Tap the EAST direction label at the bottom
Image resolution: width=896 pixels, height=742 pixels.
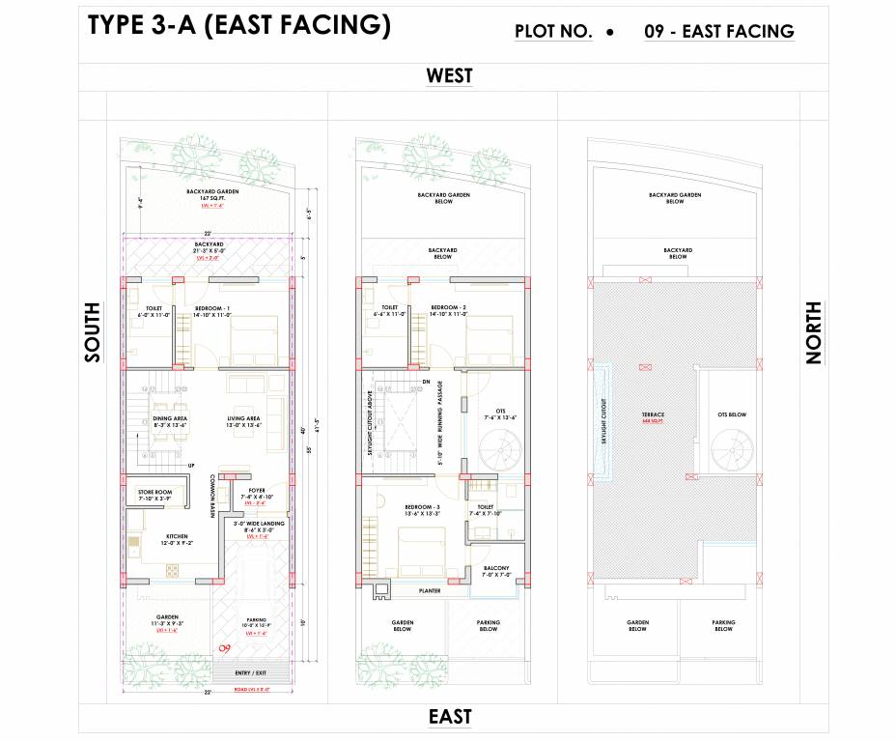[x=450, y=716]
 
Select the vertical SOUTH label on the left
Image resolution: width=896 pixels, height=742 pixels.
[x=93, y=332]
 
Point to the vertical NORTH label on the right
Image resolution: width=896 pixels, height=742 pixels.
[x=813, y=332]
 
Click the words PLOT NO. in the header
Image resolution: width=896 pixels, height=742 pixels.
[x=553, y=32]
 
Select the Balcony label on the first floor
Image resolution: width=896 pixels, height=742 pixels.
[x=495, y=570]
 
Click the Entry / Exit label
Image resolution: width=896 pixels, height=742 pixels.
[x=249, y=672]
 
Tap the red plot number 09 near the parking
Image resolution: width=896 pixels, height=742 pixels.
[x=225, y=648]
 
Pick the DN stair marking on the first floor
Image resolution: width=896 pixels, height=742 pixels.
[x=426, y=382]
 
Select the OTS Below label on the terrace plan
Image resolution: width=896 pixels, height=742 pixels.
[x=731, y=414]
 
